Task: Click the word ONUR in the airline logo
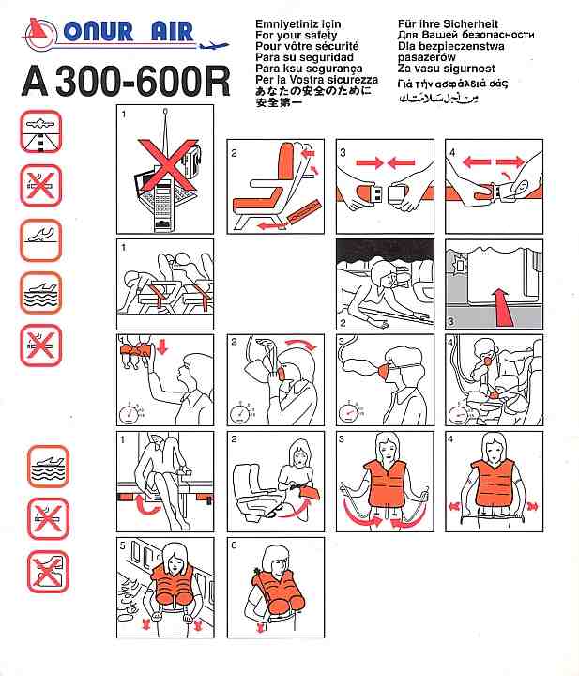(98, 32)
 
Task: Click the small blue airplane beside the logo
(214, 44)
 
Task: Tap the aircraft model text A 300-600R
(126, 81)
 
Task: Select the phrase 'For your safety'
(296, 35)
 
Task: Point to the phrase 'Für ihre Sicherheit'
(448, 23)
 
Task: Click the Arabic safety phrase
(439, 99)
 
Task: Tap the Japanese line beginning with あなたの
(312, 91)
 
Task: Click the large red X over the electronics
(167, 163)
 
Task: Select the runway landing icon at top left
(41, 131)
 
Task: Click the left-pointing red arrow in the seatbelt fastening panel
(401, 163)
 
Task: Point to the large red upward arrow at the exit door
(502, 306)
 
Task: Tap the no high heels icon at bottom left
(48, 572)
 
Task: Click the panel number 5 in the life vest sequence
(123, 545)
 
